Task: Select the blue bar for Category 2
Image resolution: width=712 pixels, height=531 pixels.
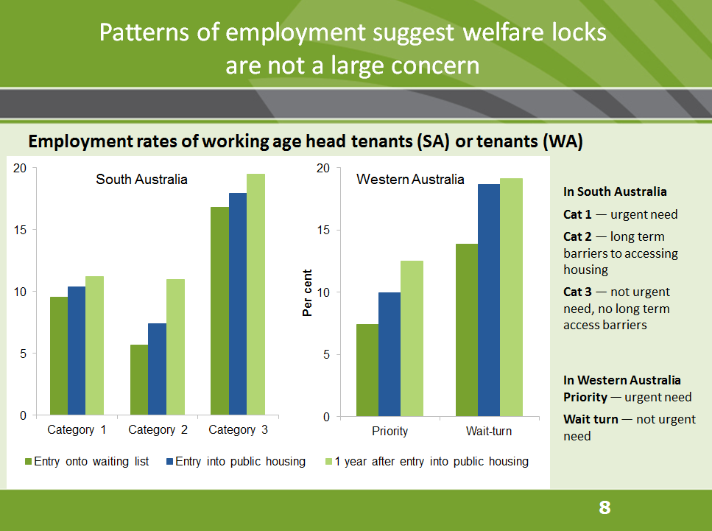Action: coord(157,369)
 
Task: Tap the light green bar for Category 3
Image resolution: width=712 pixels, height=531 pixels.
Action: coord(255,295)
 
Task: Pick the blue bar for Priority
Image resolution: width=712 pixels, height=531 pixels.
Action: coord(390,354)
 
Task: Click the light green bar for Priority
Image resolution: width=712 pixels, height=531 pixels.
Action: coord(412,339)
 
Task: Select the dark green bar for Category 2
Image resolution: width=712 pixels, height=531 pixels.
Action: coord(139,380)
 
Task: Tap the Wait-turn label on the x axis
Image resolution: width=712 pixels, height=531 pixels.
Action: coord(488,431)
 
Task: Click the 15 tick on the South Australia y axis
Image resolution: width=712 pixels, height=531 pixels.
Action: coord(20,230)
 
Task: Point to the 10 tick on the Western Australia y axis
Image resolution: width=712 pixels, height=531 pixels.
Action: coord(323,292)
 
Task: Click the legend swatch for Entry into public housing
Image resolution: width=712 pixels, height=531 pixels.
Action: coord(169,462)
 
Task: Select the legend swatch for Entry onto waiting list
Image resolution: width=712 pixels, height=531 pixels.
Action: coord(29,462)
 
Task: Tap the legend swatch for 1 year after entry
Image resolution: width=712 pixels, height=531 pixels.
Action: coord(328,462)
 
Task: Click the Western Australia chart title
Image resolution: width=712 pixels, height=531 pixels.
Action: coord(410,179)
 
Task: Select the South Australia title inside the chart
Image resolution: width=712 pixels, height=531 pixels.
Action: coord(141,179)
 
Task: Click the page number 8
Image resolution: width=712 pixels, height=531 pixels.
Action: coord(605,507)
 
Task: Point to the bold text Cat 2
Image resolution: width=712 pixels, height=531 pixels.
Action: coord(577,236)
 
